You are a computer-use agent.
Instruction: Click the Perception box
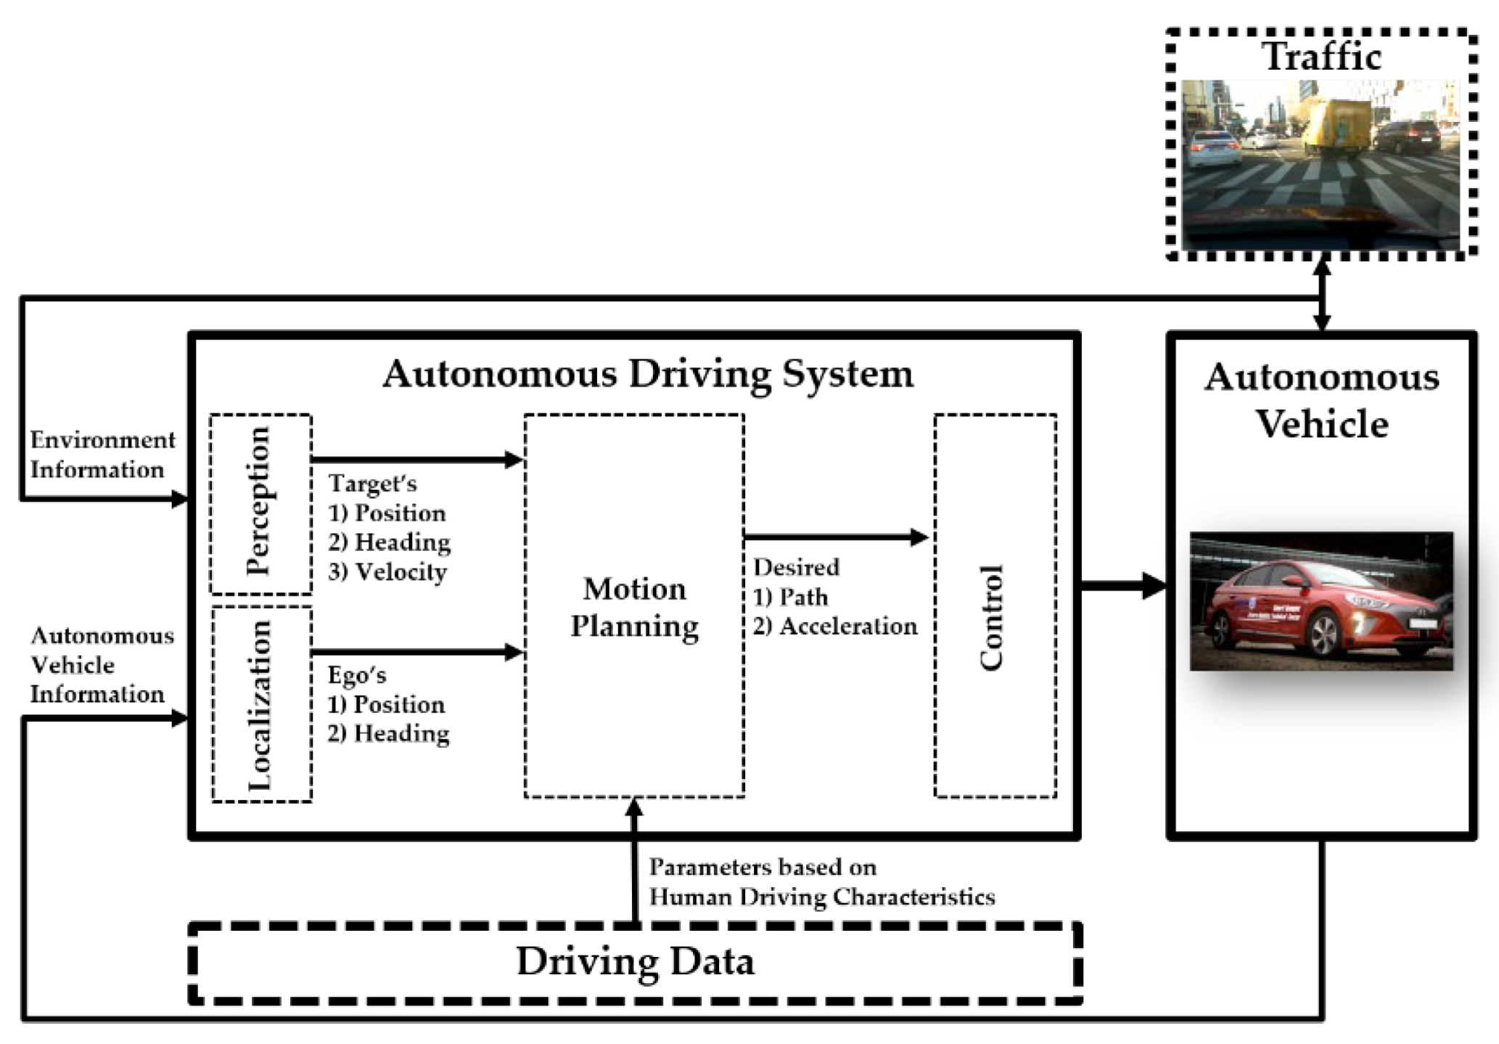260,504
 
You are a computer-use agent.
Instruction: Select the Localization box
261,704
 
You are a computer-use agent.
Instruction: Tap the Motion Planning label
634,608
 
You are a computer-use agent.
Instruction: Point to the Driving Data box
635,963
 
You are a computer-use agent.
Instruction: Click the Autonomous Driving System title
648,375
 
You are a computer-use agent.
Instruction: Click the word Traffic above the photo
1322,57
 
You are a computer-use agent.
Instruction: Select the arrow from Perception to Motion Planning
416,460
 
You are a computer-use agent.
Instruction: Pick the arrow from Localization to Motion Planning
416,652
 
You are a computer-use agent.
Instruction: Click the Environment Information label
102,455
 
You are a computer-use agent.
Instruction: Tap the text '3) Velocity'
387,572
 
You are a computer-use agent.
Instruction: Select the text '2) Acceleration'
834,627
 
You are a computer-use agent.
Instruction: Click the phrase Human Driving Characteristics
821,898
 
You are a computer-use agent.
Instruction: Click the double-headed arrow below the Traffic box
1322,295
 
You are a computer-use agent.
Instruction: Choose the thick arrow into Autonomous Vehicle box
1122,585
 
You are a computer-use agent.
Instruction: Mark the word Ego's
356,675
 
